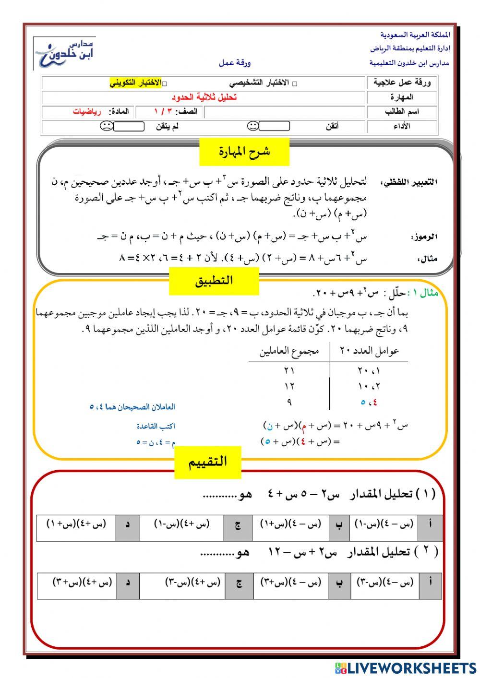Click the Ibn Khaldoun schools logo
[x=65, y=53]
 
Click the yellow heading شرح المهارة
[x=244, y=152]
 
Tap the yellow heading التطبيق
[x=214, y=281]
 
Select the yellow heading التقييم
[x=207, y=463]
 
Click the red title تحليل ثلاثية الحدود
[x=204, y=97]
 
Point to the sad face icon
[x=106, y=127]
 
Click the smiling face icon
[x=253, y=127]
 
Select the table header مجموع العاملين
[x=289, y=352]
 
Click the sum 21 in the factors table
[x=289, y=370]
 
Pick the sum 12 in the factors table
[x=289, y=386]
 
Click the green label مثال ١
[x=422, y=293]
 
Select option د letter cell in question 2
[x=128, y=583]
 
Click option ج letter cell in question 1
[x=238, y=524]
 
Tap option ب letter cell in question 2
[x=339, y=583]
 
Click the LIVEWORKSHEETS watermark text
[x=410, y=667]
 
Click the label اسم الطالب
[x=402, y=112]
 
